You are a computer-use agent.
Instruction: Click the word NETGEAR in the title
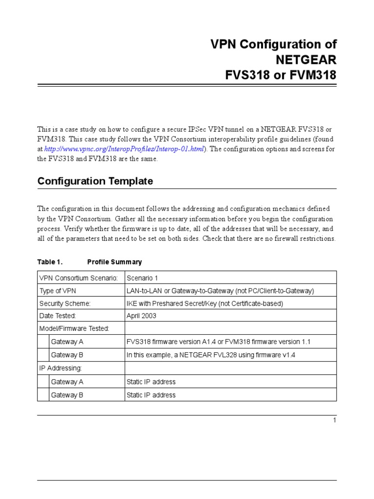(306, 60)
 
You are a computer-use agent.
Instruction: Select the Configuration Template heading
(95, 181)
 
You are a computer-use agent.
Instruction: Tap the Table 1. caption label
(50, 262)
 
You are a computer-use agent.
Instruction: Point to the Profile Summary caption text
(114, 262)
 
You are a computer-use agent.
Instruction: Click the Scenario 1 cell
(142, 278)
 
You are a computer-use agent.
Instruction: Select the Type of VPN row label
(57, 291)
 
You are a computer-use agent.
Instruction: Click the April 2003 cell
(141, 316)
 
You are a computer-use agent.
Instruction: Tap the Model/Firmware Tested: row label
(74, 328)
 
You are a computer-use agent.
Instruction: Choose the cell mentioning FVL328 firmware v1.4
(210, 355)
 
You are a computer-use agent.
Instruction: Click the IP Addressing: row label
(60, 368)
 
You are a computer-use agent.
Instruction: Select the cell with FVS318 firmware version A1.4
(218, 342)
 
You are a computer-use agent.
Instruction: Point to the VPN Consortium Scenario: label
(78, 278)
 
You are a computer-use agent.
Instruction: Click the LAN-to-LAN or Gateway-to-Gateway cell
(220, 291)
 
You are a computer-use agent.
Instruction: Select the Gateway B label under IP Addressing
(67, 395)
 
